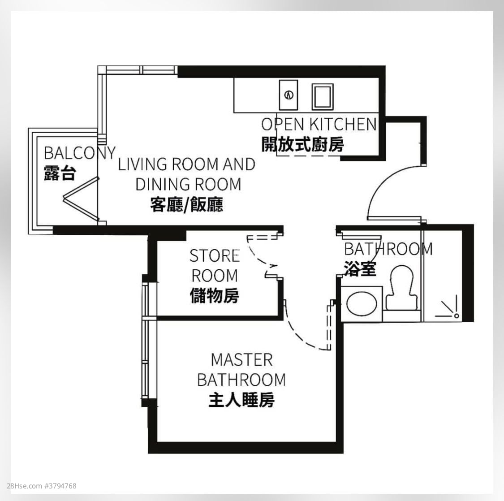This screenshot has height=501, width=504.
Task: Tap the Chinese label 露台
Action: [x=60, y=173]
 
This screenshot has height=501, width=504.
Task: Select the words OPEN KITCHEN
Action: [x=319, y=124]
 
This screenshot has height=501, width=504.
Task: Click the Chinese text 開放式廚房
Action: [x=303, y=145]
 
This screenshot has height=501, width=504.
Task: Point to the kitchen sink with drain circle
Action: [x=289, y=95]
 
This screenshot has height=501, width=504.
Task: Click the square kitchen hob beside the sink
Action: [x=323, y=96]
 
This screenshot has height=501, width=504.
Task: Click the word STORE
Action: [x=214, y=256]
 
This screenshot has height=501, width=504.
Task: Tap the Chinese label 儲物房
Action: [x=215, y=296]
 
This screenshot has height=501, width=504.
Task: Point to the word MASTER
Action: [x=241, y=360]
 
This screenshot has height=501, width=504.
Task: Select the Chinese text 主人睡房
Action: [x=241, y=400]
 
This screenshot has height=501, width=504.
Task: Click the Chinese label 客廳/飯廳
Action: [x=187, y=205]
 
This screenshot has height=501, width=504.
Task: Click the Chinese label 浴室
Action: [x=360, y=268]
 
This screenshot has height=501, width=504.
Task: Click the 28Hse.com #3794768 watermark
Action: [x=42, y=486]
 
